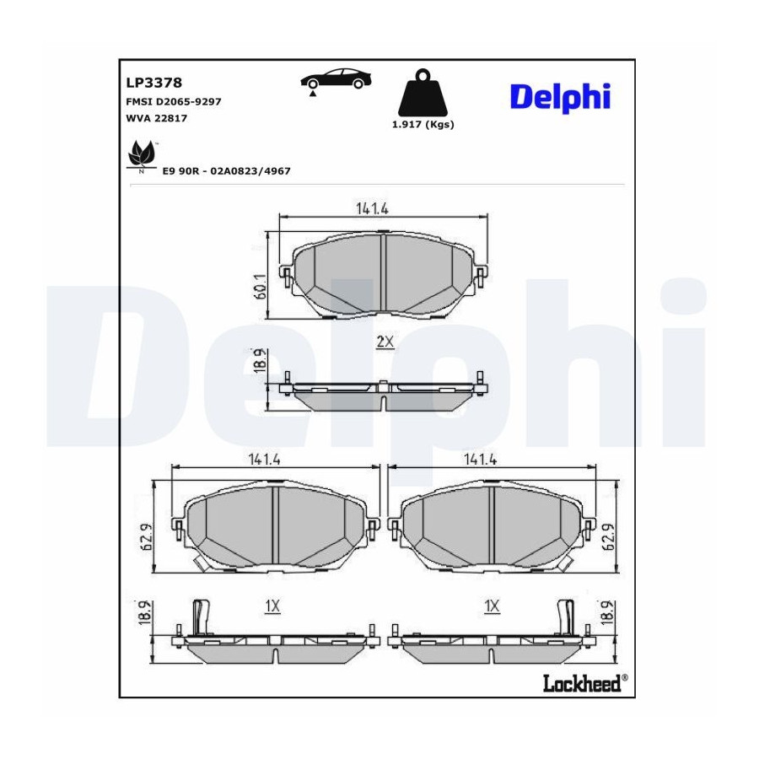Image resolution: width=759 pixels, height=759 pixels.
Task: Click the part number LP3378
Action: pyautogui.click(x=154, y=83)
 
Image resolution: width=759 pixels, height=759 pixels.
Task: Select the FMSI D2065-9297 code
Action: pyautogui.click(x=173, y=102)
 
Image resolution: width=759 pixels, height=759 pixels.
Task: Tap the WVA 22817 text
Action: pyautogui.click(x=156, y=118)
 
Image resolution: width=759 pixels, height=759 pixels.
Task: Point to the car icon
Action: pyautogui.click(x=336, y=79)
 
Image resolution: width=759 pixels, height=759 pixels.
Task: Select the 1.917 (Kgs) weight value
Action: pyautogui.click(x=423, y=125)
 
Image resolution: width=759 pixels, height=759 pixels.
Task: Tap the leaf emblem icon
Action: pyautogui.click(x=142, y=155)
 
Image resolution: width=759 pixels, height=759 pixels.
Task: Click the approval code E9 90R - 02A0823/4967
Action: pyautogui.click(x=227, y=171)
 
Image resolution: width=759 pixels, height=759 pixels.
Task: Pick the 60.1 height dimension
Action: pyautogui.click(x=261, y=286)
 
